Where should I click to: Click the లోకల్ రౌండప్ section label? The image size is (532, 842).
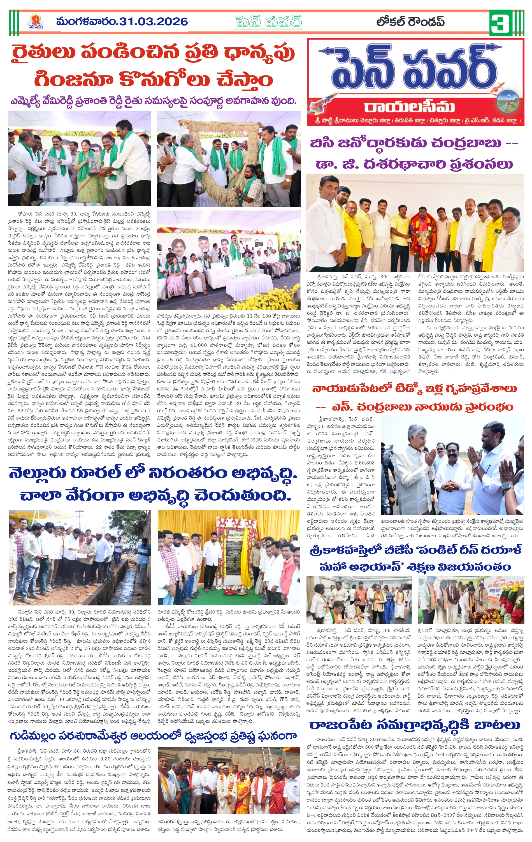point(410,22)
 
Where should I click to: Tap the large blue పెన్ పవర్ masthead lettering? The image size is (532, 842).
point(409,70)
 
